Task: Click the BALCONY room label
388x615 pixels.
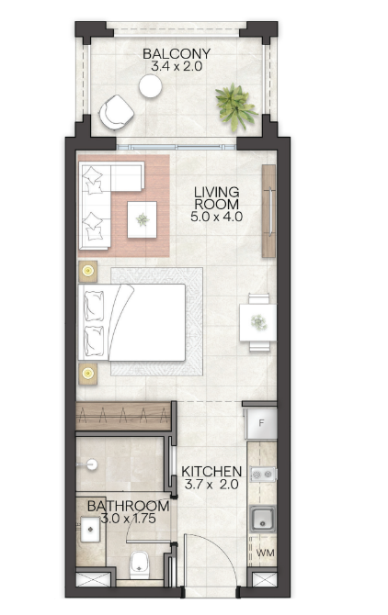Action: pyautogui.click(x=177, y=53)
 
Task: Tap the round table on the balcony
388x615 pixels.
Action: pyautogui.click(x=150, y=86)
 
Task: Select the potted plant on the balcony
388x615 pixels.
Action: pyautogui.click(x=235, y=106)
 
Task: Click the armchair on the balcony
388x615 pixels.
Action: pyautogui.click(x=116, y=112)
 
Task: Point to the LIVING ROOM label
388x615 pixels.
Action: pyautogui.click(x=217, y=198)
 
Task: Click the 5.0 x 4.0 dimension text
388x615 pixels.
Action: pyautogui.click(x=216, y=217)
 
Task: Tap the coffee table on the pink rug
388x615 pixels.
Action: pyautogui.click(x=143, y=219)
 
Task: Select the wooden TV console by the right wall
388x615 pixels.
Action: pyautogui.click(x=268, y=211)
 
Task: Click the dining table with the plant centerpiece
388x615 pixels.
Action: pyautogui.click(x=258, y=322)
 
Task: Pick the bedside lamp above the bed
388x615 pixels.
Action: pyautogui.click(x=88, y=271)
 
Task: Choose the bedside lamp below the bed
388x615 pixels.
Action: pyautogui.click(x=88, y=373)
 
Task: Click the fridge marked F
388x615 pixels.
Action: pyautogui.click(x=261, y=423)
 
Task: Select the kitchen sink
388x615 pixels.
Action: pyautogui.click(x=263, y=519)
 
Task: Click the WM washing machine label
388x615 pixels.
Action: pyautogui.click(x=266, y=553)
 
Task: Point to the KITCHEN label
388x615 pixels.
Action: pyautogui.click(x=211, y=471)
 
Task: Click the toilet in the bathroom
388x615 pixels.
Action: pyautogui.click(x=140, y=565)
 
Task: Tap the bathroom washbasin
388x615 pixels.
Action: pyautogui.click(x=90, y=530)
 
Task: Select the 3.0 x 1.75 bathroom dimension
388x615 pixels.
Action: pyautogui.click(x=129, y=519)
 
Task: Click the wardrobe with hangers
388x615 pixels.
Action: pyautogui.click(x=124, y=416)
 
